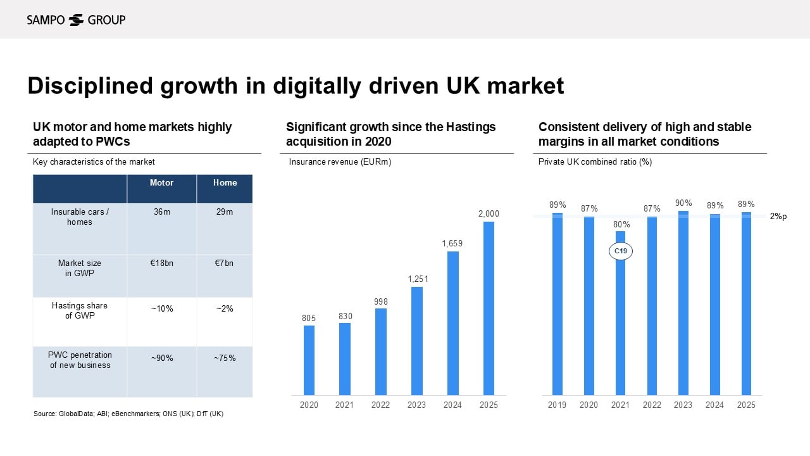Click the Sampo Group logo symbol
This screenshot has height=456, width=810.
click(76, 20)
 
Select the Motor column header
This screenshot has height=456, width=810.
click(161, 183)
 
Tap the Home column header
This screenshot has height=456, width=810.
click(225, 183)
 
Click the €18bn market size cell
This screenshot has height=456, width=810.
click(161, 263)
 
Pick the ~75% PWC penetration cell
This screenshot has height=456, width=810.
click(225, 358)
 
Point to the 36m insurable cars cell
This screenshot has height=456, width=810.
click(161, 212)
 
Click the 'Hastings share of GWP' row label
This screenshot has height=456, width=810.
click(80, 310)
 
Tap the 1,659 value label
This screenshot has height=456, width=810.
click(452, 243)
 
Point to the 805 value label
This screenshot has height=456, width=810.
click(309, 317)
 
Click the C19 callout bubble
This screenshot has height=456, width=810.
click(621, 251)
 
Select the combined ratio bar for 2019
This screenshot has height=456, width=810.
click(557, 304)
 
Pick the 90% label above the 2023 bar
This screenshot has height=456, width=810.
click(683, 203)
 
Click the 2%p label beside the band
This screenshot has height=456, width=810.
click(778, 217)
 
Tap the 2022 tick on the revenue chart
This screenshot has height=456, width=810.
click(380, 405)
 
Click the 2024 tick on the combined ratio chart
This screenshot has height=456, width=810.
click(714, 405)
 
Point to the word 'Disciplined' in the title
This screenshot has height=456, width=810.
click(90, 85)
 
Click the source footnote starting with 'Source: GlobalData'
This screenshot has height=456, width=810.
click(128, 414)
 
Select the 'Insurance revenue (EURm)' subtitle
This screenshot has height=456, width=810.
click(340, 162)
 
